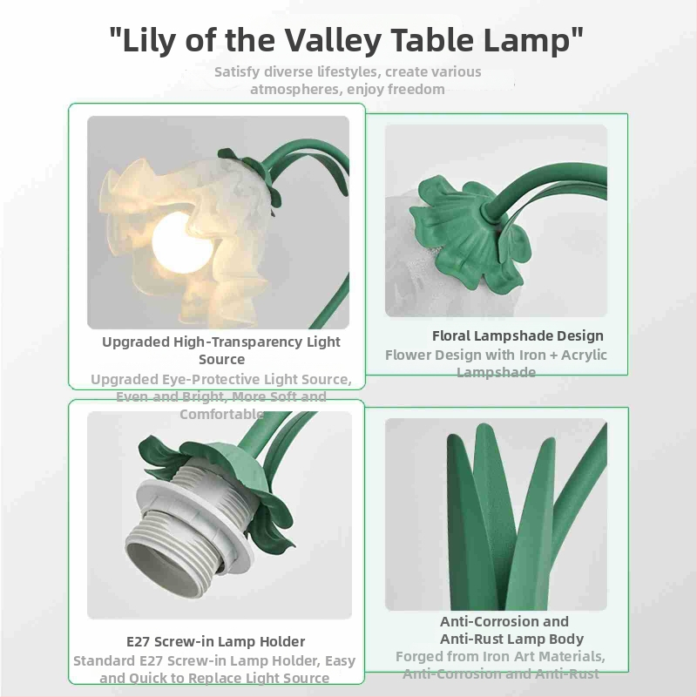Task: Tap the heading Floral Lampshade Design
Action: coord(518,335)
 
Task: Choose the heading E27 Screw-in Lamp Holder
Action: coord(215,642)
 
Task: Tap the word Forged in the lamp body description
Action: coord(420,656)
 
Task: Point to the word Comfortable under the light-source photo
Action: coord(221,414)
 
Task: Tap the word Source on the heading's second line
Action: coord(221,359)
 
